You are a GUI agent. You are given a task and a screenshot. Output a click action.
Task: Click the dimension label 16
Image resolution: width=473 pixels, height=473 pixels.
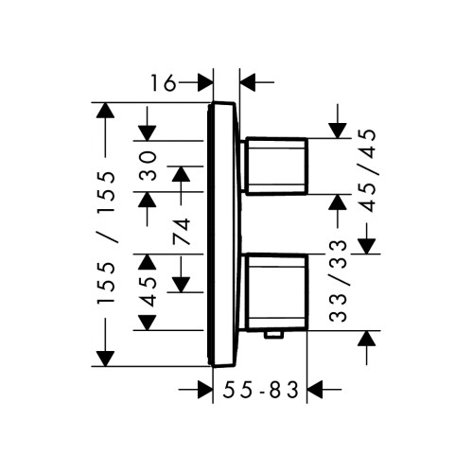coord(163,83)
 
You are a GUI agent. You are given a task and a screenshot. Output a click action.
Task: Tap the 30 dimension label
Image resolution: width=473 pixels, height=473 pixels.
coord(149,166)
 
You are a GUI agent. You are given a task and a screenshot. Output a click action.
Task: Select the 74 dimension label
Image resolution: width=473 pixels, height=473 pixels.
coord(182,232)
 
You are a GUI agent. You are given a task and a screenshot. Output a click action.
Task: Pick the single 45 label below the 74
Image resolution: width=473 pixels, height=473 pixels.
coord(149,292)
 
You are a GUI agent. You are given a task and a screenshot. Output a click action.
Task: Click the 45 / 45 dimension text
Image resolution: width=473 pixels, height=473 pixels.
coord(368,170)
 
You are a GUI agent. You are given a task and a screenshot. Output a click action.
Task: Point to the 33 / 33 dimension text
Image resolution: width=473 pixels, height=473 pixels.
coord(338,281)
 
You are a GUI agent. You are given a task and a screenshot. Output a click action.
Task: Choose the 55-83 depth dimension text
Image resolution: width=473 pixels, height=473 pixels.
coord(260,390)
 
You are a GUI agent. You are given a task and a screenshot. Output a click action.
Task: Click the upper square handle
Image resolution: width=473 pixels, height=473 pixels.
coord(276,166)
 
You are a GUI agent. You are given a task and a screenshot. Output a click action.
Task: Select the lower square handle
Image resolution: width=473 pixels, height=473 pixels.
coord(276,292)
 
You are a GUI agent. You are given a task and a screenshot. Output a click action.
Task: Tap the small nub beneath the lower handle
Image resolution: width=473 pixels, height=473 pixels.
coord(273,335)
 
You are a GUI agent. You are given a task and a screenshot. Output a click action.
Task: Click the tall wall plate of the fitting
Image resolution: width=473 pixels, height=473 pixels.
coord(223,235)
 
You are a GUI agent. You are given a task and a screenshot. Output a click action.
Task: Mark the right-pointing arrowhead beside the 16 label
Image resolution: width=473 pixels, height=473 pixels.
coord(205,82)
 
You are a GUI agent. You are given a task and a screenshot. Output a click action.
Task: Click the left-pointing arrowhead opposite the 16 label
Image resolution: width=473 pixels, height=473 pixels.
coord(248,82)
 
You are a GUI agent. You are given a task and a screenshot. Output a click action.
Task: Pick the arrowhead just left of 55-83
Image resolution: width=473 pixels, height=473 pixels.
coord(205,390)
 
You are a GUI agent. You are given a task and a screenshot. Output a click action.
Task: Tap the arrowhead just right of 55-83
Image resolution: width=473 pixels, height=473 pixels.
coord(315,390)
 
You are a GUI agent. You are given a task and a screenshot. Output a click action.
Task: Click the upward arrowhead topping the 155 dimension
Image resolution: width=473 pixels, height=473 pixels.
coord(105,111)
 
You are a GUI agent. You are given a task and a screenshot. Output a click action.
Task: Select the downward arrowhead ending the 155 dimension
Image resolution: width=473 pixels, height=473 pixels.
coord(105,359)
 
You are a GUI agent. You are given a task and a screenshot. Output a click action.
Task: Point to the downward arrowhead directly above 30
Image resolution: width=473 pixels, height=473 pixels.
coord(148,132)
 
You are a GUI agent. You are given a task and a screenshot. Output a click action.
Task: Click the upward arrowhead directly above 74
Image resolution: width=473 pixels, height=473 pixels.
coord(181,174)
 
